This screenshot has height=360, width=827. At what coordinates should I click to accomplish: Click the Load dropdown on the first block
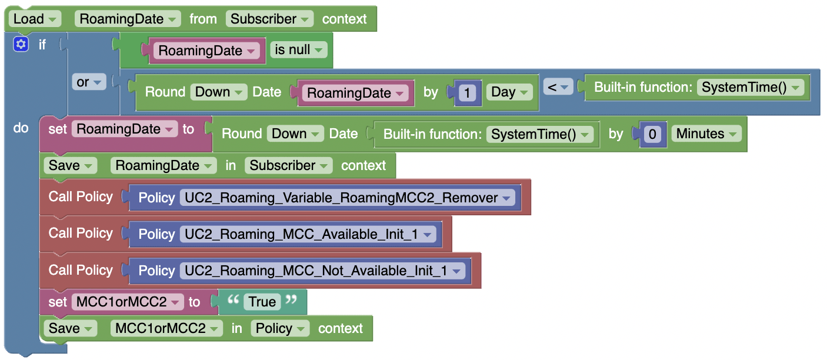pos(35,19)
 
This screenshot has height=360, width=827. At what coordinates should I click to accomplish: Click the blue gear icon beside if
pos(21,44)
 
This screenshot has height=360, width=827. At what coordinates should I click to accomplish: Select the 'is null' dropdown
pos(298,50)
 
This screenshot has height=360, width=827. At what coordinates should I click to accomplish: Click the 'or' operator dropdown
pos(89,82)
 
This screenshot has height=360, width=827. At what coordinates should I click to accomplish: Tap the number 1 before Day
pos(468,92)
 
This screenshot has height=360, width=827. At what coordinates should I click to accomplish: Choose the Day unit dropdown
pos(509,92)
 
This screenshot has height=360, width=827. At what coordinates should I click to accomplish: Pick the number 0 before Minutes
pos(652,134)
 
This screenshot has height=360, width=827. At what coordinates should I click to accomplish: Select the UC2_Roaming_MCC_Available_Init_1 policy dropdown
pos(308,234)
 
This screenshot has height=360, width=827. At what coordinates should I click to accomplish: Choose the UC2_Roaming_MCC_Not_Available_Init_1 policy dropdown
pos(322,271)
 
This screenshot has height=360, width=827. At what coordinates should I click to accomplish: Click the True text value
pos(262,302)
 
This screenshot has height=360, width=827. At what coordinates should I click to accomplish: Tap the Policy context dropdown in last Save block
pos(280,328)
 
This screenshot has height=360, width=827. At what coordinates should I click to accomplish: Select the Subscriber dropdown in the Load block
pos(269,19)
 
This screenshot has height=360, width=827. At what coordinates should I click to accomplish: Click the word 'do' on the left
pos(21,128)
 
